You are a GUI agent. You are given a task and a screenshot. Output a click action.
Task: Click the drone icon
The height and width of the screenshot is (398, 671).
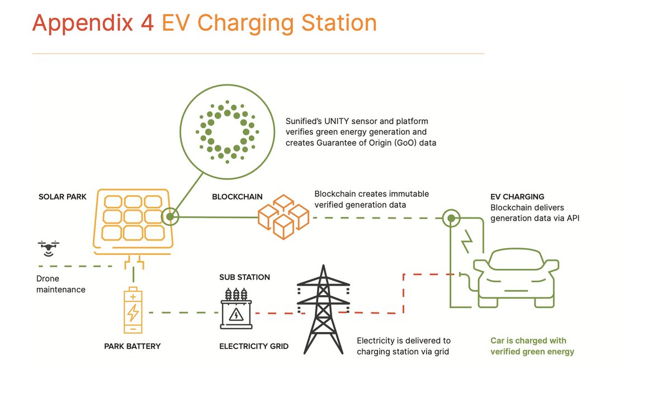[49, 247]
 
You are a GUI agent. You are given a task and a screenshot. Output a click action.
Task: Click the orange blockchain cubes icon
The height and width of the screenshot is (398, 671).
[282, 216]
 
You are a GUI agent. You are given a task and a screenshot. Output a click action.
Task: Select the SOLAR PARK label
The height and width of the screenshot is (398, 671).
[63, 197]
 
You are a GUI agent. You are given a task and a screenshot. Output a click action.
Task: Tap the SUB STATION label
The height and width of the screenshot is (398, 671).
[244, 277]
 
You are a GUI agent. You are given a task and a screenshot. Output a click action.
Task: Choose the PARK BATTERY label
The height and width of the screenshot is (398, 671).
[132, 347]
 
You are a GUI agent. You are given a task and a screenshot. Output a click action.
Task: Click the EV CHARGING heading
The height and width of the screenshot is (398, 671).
[517, 197]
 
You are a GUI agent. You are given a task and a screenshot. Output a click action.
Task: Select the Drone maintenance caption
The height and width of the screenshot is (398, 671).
[60, 284]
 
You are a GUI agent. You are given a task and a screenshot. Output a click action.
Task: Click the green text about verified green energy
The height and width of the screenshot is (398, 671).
[532, 346]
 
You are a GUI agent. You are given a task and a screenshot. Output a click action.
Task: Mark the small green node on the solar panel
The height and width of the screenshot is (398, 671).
[169, 216]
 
